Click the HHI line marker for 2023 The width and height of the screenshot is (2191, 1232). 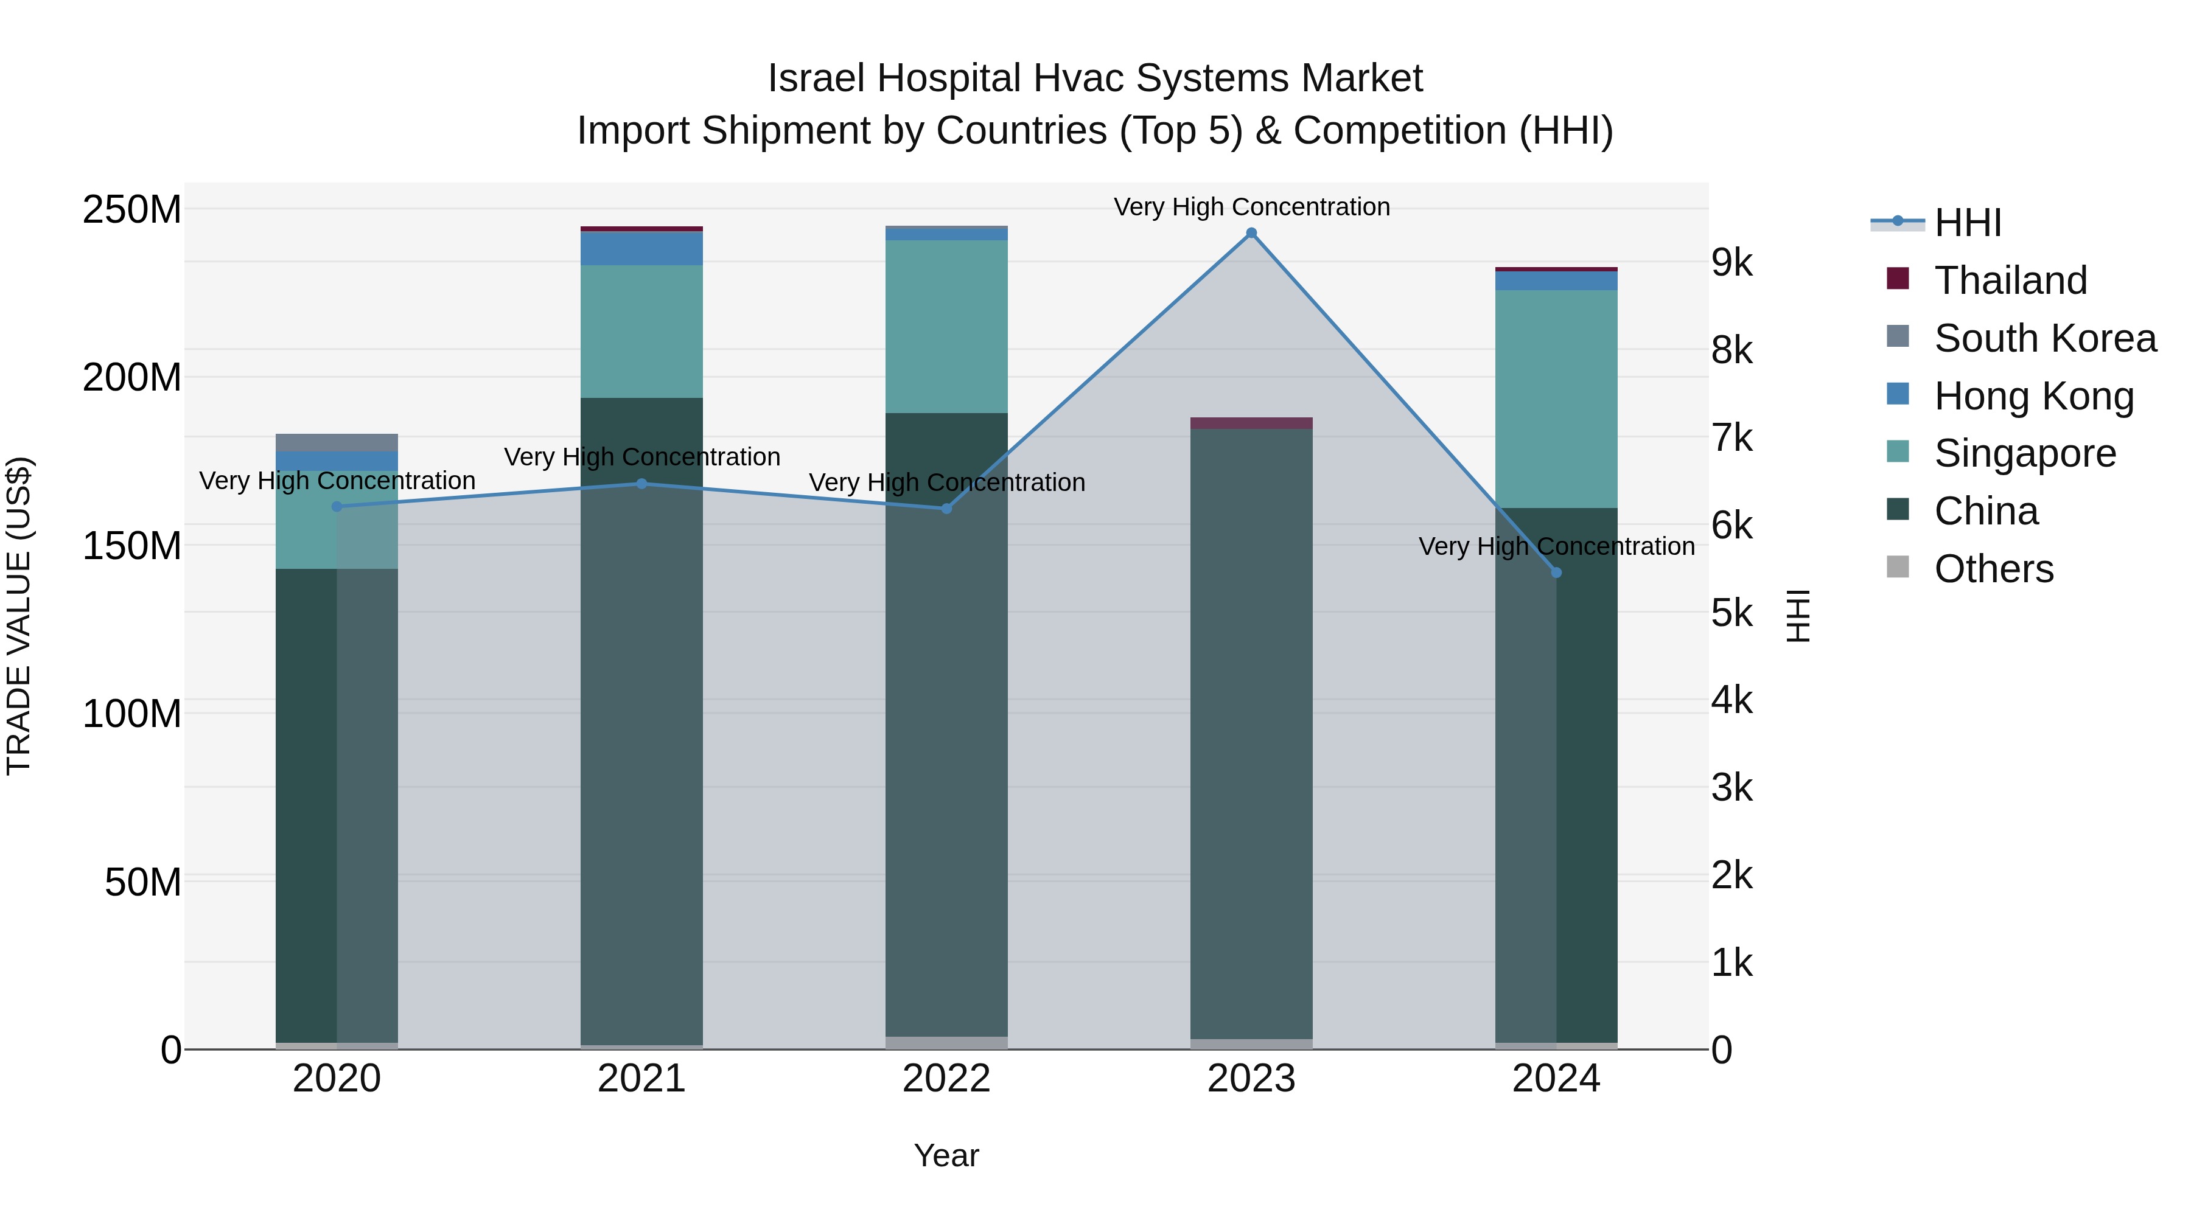coord(1251,233)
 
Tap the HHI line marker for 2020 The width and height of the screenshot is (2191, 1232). coord(337,507)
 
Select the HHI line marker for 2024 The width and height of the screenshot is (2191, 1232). coord(1556,573)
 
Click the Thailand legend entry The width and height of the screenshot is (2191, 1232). coord(2010,280)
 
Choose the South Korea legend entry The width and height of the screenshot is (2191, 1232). coord(2045,338)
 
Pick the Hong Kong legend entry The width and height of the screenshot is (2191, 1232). coord(2033,396)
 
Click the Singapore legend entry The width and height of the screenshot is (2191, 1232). coord(2024,453)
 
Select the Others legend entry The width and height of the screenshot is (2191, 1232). coord(1994,569)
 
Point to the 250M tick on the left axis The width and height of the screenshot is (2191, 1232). coord(132,209)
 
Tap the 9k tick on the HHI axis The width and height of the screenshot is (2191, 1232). coord(1731,263)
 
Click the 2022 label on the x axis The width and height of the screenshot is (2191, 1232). coord(946,1079)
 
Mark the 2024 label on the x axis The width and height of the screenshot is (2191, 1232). coord(1556,1079)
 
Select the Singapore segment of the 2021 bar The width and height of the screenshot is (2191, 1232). coord(641,332)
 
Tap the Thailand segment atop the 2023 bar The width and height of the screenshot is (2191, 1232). coord(1251,423)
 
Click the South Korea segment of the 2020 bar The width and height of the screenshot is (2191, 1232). coord(337,442)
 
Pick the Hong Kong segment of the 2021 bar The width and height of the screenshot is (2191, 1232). coord(641,248)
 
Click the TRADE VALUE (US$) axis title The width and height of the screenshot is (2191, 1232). coord(19,616)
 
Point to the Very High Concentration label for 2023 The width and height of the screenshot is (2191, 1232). coord(1251,207)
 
